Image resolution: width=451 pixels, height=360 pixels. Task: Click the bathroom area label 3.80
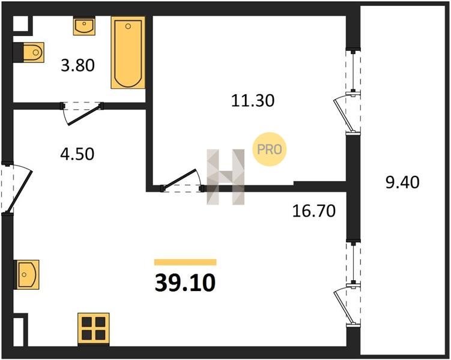click(x=77, y=65)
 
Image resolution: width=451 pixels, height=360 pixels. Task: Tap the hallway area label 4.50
click(x=77, y=154)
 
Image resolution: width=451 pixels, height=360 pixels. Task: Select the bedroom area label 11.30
click(x=253, y=101)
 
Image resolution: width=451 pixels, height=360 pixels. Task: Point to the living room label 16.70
click(x=314, y=211)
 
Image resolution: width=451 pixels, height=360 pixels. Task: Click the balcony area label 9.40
click(x=402, y=182)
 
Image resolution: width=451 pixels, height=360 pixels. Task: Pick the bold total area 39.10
click(x=185, y=283)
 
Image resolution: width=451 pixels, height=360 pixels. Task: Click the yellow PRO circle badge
click(x=270, y=149)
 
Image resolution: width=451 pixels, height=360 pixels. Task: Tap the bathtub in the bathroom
click(x=128, y=53)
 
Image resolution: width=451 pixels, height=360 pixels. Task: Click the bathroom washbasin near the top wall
click(x=84, y=26)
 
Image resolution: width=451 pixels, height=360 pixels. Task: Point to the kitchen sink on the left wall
click(x=27, y=275)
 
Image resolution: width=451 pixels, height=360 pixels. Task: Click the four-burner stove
click(x=94, y=329)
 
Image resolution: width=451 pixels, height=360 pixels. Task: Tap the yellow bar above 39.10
click(x=185, y=262)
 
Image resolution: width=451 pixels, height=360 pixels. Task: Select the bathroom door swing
click(x=83, y=115)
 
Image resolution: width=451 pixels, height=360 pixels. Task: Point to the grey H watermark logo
click(x=226, y=177)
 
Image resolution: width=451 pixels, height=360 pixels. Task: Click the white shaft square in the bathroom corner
click(x=20, y=23)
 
